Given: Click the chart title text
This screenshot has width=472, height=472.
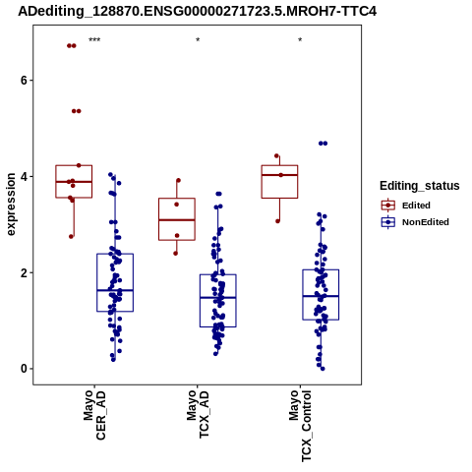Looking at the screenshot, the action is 198,11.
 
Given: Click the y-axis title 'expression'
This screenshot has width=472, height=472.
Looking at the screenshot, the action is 11,205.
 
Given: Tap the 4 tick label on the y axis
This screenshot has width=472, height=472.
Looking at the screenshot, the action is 24,177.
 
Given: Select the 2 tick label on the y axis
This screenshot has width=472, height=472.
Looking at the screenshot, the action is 24,272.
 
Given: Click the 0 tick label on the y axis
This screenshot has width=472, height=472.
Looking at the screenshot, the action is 24,369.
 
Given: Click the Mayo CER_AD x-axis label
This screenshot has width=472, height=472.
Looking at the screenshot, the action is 94,415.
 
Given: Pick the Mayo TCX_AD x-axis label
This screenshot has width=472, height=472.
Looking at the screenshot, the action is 198,414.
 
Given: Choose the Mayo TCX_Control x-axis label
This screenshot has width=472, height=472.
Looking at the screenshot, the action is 300,426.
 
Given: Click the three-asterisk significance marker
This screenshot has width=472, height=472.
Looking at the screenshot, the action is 94,40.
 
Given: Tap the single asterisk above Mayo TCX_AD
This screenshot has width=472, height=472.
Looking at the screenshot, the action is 198,40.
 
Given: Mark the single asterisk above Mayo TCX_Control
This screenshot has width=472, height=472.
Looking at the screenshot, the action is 300,40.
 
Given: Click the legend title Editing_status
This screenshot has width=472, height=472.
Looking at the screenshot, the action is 420,186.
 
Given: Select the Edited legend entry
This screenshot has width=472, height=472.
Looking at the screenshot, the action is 406,206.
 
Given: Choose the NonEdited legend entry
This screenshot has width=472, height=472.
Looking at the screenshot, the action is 415,222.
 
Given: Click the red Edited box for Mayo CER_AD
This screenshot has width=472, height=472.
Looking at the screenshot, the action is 74,165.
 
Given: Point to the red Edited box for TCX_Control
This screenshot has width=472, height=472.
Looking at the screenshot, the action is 279,165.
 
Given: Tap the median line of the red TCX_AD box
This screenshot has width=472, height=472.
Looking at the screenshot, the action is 177,220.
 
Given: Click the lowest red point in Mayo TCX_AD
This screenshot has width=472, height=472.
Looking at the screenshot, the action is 176,254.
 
